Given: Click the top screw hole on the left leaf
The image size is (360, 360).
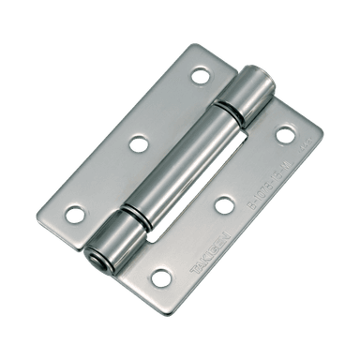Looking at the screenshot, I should pos(201,76).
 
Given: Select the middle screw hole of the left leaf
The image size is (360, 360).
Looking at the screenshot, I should pos(139,143).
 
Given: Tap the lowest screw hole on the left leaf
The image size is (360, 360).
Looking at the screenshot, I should pos(75,214).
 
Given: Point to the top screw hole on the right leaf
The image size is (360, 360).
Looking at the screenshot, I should pos(284,135).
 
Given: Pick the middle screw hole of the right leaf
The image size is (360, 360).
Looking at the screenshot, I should pos(223,205).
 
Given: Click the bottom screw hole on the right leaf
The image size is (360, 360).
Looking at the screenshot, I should pos(161,277).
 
